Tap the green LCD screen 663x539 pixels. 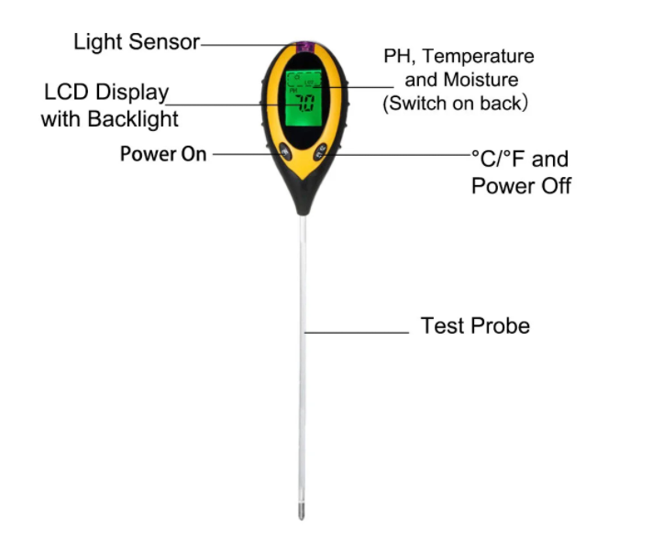coord(304,98)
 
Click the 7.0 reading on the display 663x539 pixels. coord(305,103)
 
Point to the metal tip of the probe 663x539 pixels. coord(301,511)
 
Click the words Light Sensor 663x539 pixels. coord(137,42)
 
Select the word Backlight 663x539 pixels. coord(133,119)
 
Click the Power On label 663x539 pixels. coord(163,154)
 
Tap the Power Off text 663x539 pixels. coord(522,186)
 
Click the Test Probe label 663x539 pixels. coord(475,325)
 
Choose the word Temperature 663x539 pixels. coord(479,57)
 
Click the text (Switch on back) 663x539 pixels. coord(456,104)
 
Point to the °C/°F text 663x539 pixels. coord(498,159)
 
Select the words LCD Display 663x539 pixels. coord(106,93)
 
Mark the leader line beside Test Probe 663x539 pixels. coord(357,333)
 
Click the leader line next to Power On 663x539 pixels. coord(249,154)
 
